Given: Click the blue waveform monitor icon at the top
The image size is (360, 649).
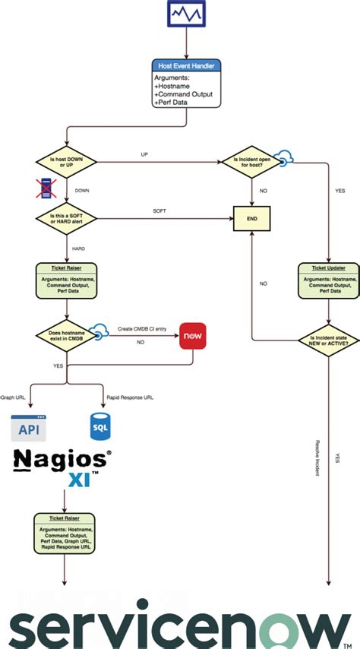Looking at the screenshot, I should coord(185,14).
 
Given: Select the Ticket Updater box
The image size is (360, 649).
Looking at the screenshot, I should coord(328,279).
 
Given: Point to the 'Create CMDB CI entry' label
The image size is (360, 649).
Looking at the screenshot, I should coord(141,328).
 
